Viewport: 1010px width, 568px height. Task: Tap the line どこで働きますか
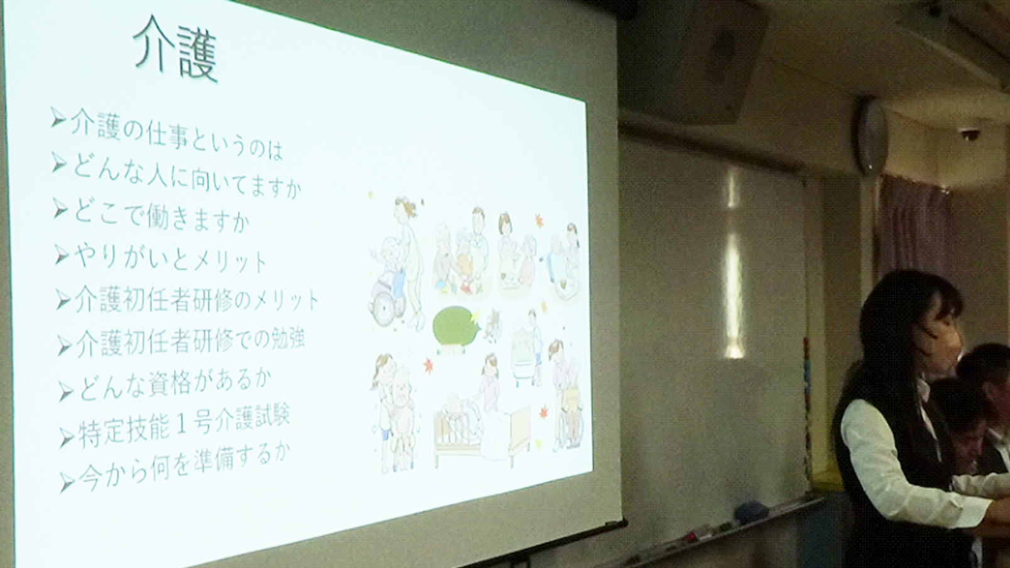(x=161, y=217)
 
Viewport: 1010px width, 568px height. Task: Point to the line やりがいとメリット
(x=170, y=258)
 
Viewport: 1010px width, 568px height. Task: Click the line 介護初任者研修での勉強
(x=190, y=342)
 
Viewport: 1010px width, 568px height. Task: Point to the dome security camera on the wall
(x=967, y=135)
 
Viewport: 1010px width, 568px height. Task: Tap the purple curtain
(x=920, y=230)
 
